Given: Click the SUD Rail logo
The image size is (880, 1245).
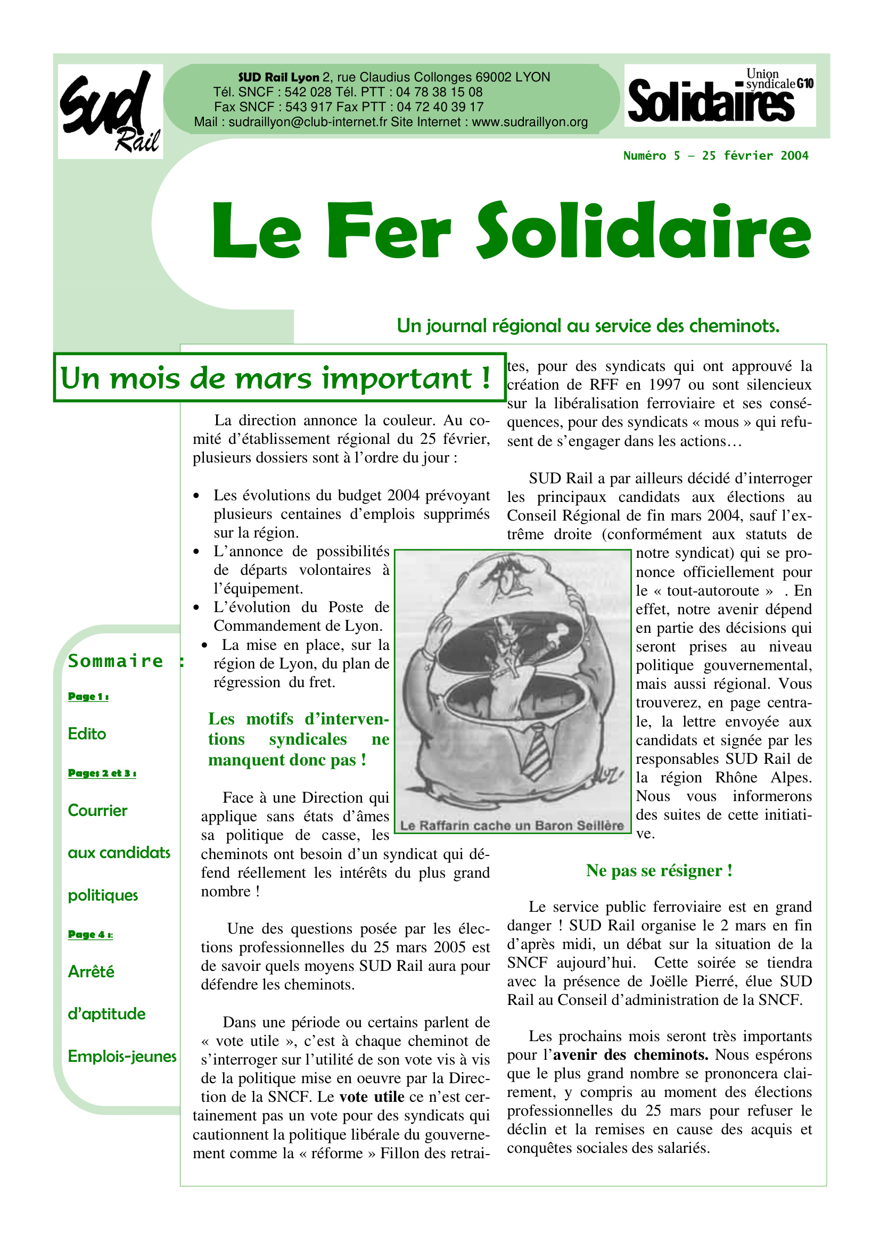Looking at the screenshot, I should [110, 111].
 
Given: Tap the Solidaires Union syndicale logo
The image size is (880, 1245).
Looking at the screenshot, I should [720, 95].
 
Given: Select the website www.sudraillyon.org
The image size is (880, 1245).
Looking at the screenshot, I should [529, 122].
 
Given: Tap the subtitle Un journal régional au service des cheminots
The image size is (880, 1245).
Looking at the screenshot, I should [588, 326].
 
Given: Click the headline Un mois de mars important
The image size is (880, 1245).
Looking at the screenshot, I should [275, 378].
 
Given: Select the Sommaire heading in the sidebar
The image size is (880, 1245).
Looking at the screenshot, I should [116, 661].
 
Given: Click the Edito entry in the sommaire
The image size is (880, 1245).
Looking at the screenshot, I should [87, 734].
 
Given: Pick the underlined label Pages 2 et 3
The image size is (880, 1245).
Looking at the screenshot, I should [102, 773].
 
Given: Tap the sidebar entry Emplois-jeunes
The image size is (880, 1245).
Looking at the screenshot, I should [122, 1056].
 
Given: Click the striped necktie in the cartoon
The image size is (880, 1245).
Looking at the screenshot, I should [536, 754].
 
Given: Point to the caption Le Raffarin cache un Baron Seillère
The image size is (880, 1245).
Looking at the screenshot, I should [512, 826].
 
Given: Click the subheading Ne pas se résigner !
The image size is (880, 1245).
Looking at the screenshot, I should [659, 871].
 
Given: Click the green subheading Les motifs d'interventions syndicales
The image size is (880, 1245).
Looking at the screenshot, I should [298, 739].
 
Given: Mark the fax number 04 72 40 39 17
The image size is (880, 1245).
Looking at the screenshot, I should [440, 108].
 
